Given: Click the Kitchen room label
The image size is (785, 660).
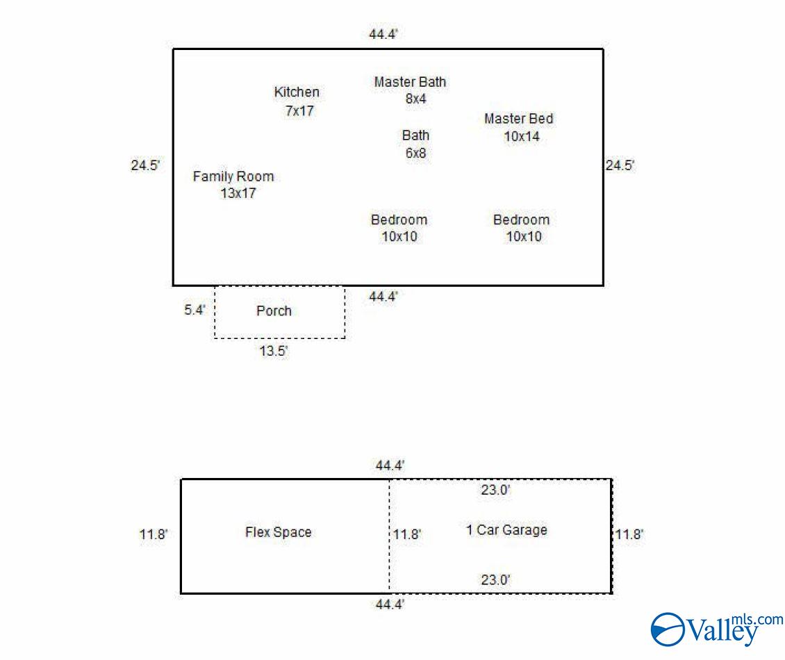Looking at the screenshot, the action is (297, 92).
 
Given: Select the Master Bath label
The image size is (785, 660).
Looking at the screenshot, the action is (410, 81).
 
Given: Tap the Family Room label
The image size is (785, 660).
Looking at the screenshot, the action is (233, 176).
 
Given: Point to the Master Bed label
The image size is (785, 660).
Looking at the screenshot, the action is (519, 119).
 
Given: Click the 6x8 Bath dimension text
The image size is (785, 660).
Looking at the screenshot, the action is (416, 154).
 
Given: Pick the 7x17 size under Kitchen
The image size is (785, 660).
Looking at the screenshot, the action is (300, 110).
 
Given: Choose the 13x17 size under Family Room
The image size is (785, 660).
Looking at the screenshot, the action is (238, 193).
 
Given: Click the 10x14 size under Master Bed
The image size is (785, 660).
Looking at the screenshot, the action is (522, 137).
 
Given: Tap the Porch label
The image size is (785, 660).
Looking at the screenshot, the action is (274, 311).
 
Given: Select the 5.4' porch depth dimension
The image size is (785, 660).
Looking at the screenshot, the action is (195, 310).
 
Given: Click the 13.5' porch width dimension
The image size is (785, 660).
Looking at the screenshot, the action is (274, 351).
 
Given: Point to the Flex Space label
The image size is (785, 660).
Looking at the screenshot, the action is (279, 531).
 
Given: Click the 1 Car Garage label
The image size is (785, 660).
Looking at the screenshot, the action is (506, 530).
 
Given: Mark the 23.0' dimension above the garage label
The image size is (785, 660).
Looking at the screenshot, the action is (495, 490).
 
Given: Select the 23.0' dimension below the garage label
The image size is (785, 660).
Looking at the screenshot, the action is (495, 580).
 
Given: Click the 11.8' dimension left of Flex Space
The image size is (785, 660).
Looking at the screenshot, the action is (154, 534).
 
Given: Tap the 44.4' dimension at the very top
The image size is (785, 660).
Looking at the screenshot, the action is (383, 34).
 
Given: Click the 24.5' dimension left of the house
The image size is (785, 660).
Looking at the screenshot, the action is (145, 165).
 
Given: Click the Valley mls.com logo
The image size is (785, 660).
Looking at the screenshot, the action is (717, 629).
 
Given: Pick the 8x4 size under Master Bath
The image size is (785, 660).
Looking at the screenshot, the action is (416, 99).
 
